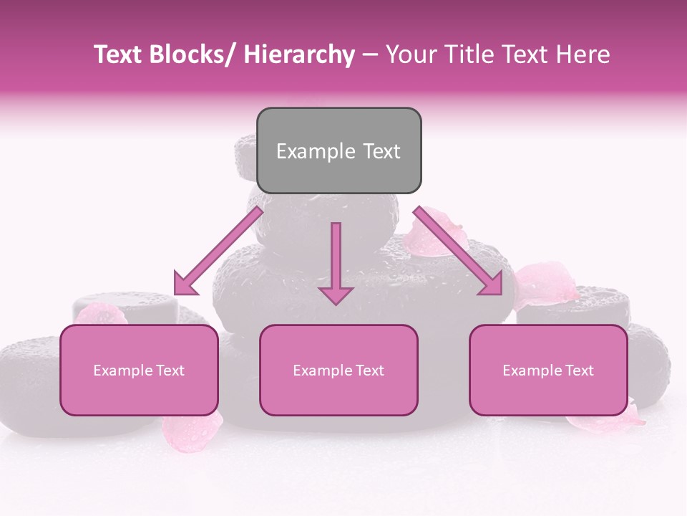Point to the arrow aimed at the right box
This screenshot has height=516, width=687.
[x=459, y=250]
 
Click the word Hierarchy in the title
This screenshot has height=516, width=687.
[x=299, y=54]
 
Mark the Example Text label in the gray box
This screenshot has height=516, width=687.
[x=338, y=151]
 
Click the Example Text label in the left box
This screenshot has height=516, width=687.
[x=139, y=371]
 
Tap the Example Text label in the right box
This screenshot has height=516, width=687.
[x=548, y=371]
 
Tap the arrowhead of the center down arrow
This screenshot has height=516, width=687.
[x=336, y=294]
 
